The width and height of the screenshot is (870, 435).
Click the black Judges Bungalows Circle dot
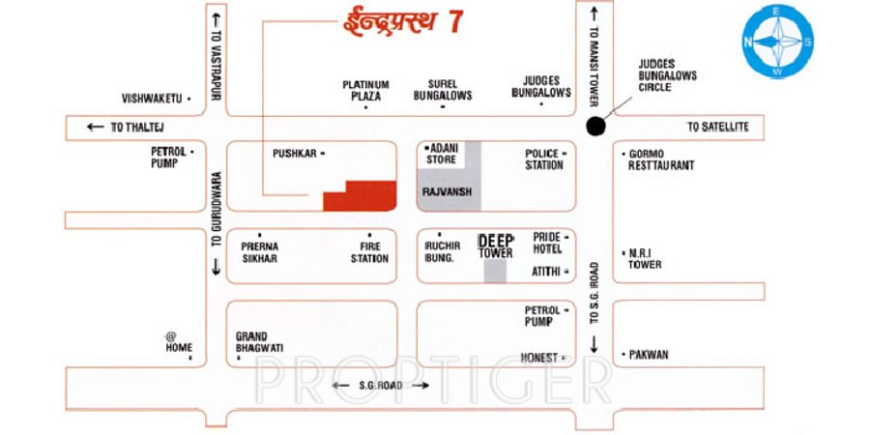[595, 126]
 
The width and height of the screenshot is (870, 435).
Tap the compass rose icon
[777, 42]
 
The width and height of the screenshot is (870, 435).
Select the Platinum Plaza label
[365, 90]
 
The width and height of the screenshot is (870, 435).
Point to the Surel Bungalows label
[443, 90]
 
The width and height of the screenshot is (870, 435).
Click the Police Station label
[544, 159]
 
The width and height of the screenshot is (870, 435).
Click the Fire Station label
[369, 252]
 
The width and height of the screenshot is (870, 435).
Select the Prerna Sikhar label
[259, 252]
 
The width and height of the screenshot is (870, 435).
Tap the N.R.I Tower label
[645, 258]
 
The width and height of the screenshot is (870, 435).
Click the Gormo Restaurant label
[661, 159]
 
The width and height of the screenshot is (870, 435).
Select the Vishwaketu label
[152, 99]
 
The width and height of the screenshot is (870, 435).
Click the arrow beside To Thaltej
[95, 127]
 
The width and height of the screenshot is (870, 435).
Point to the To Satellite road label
[718, 127]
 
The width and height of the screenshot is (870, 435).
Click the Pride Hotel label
[546, 243]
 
